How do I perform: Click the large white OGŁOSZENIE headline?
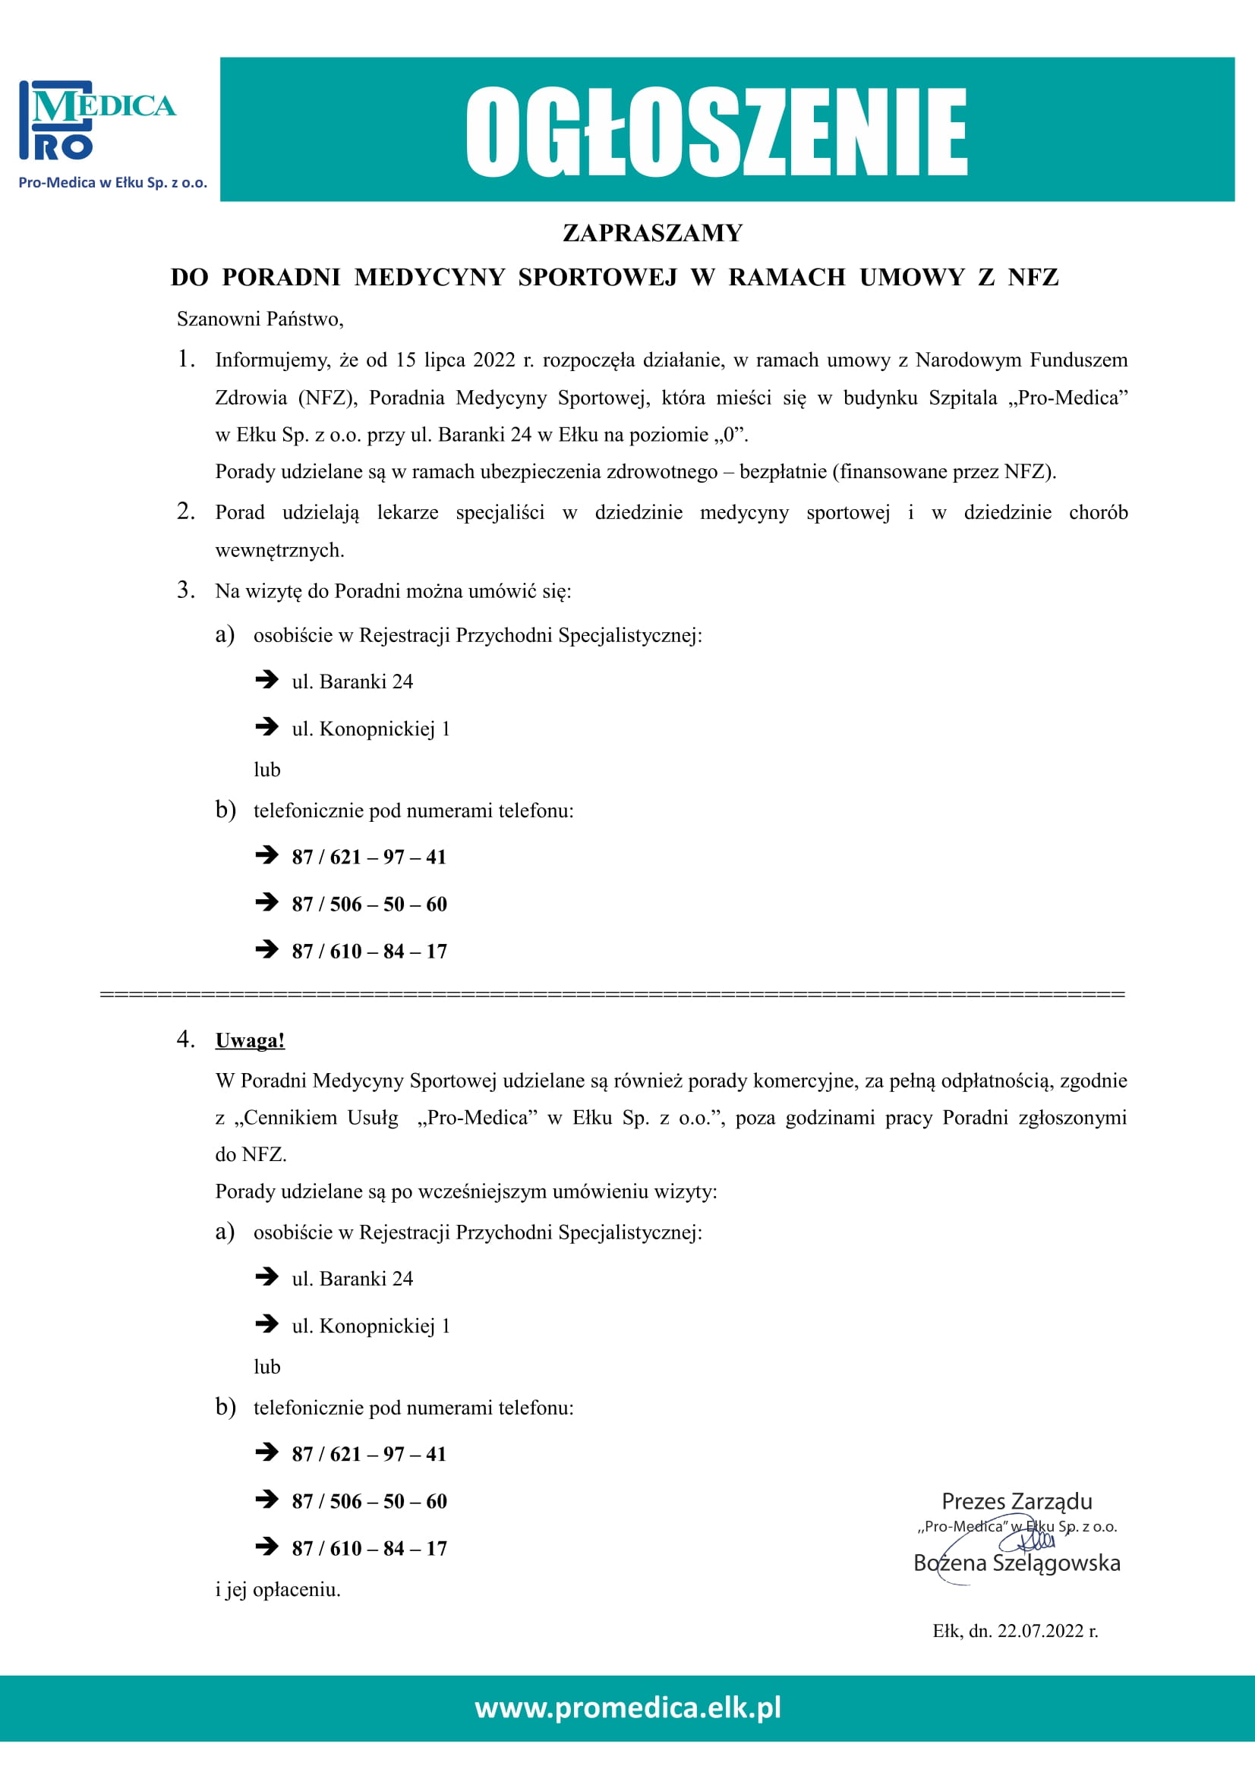coord(715,131)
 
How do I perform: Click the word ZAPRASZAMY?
coord(652,233)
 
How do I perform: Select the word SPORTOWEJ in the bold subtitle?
coord(597,278)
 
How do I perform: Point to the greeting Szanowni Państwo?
coord(260,319)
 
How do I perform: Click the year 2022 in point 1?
coord(493,360)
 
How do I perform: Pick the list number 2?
coord(185,511)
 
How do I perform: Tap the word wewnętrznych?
coord(279,550)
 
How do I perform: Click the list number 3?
coord(185,590)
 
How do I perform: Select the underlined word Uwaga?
coord(250,1040)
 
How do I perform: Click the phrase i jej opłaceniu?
coord(278,1590)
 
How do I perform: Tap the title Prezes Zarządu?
coord(1016,1501)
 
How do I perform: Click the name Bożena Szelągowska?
coord(1016,1563)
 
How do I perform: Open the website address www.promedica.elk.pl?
coord(627,1706)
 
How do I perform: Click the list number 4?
coord(185,1039)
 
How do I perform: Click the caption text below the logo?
coord(113,183)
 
